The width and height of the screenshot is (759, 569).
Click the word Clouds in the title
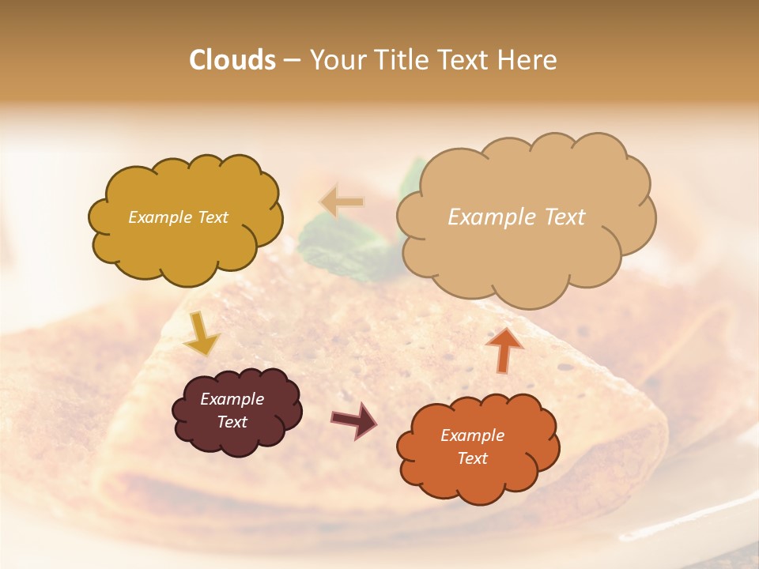click(x=232, y=60)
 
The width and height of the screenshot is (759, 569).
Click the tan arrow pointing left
click(x=341, y=202)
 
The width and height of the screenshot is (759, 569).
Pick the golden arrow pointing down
click(x=202, y=333)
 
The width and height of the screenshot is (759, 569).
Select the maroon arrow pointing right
click(x=354, y=419)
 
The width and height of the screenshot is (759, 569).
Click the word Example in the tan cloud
click(x=492, y=217)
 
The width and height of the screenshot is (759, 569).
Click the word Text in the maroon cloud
click(x=232, y=422)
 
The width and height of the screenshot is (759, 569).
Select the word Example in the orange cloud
click(x=472, y=435)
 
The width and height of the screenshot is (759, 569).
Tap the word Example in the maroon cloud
click(x=232, y=399)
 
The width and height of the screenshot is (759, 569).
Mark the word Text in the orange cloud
click(x=472, y=458)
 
